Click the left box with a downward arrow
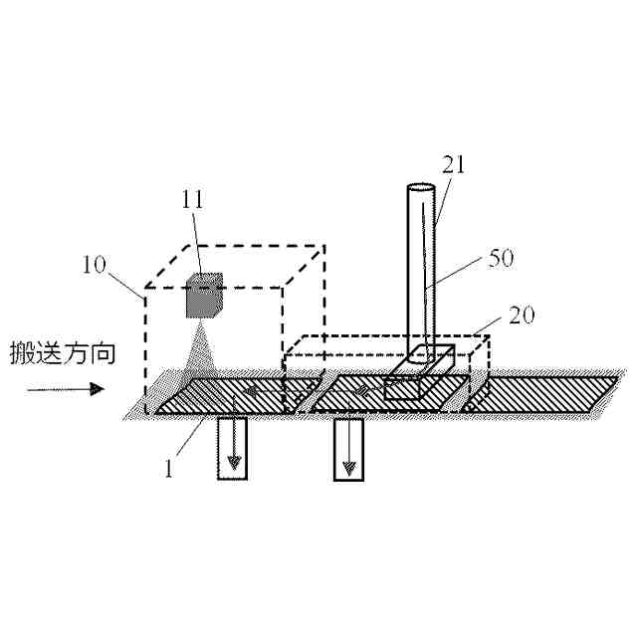pyautogui.click(x=232, y=448)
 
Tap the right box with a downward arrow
pyautogui.click(x=348, y=448)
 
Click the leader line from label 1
pyautogui.click(x=193, y=437)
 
